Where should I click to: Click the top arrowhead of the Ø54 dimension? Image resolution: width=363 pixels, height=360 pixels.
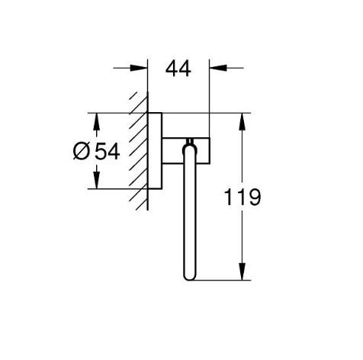(95, 120)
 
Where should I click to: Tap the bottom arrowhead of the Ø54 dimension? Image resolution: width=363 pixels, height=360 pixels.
(95, 182)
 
